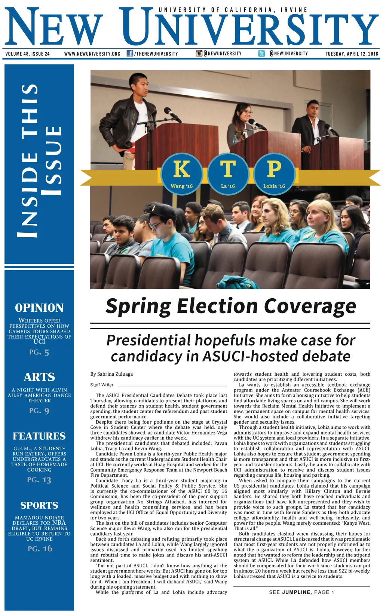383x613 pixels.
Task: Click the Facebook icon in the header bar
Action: click(x=130, y=54)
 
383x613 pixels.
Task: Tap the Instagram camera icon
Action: click(x=199, y=54)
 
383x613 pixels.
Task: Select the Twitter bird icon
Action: click(x=262, y=54)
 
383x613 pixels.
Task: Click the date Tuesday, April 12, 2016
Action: click(x=352, y=54)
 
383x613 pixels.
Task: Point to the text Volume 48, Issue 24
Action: click(x=28, y=54)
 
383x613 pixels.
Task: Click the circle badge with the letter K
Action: click(x=182, y=173)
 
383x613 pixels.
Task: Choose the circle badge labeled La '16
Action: click(x=228, y=173)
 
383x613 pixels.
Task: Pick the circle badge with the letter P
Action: click(x=274, y=173)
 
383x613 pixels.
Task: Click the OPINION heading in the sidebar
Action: click(x=39, y=308)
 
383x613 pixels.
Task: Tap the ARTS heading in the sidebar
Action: click(x=39, y=377)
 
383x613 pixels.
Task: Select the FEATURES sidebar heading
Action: click(x=39, y=436)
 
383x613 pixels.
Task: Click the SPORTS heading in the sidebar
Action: click(x=39, y=506)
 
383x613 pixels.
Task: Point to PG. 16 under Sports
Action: click(x=40, y=549)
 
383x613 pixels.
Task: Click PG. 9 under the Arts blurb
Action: click(x=39, y=411)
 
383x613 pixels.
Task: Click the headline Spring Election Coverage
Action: click(x=230, y=306)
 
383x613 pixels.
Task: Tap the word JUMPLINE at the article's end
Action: click(x=296, y=592)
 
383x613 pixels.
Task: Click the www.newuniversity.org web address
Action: click(x=92, y=54)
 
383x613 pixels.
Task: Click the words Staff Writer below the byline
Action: click(x=102, y=385)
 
